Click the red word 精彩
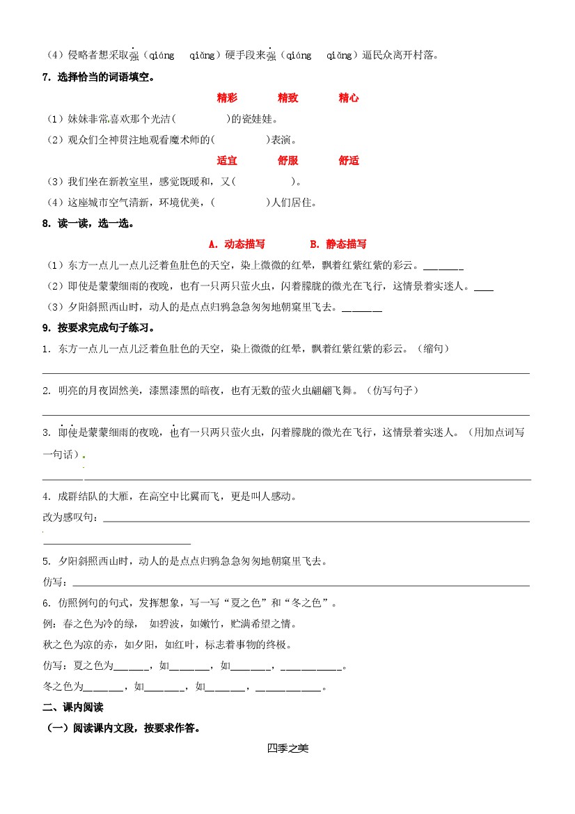[x=227, y=98]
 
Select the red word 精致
[x=287, y=98]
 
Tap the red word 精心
[x=349, y=98]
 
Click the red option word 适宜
[x=227, y=161]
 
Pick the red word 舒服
[x=287, y=161]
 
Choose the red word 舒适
[x=349, y=161]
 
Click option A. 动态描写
[x=237, y=244]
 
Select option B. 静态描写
[x=338, y=244]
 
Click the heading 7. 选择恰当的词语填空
[x=98, y=77]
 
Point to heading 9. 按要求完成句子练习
[x=98, y=328]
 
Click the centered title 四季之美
[x=287, y=749]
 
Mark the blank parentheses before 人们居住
[x=239, y=203]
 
